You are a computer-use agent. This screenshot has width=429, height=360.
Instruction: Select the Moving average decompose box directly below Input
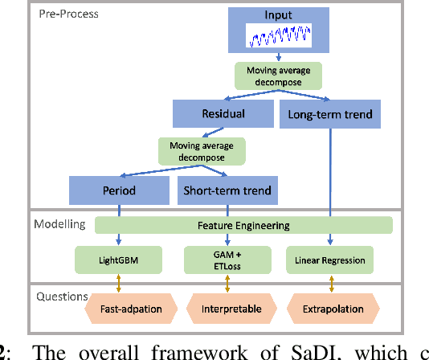pos(278,76)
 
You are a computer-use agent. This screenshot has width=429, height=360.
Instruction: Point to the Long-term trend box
pos(329,114)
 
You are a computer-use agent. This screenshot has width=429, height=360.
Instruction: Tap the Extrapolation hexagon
pos(331,309)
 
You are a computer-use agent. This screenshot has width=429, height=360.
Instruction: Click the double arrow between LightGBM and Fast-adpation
pos(118,284)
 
